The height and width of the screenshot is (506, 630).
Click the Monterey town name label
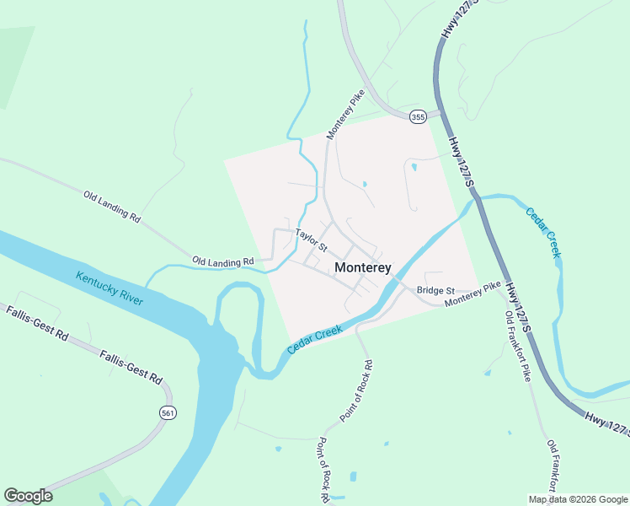pos(363,267)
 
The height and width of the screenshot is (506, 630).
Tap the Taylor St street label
pos(311,241)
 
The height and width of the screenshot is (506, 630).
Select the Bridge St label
pos(435,290)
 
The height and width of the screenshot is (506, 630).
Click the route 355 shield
pos(418,117)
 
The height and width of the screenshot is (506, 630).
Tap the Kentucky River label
pos(110,288)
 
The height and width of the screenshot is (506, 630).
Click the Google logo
pos(28,496)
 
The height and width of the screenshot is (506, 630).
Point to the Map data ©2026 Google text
pos(578,499)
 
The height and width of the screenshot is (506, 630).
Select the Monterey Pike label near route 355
pos(345,116)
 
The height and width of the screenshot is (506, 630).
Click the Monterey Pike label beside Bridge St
pos(472,296)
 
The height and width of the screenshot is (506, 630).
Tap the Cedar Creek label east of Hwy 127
pos(543,232)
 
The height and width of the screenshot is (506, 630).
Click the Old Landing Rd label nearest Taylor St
pos(223,261)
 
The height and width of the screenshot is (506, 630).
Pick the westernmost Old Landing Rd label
pos(112,206)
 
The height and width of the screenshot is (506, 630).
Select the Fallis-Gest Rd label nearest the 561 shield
pos(130,369)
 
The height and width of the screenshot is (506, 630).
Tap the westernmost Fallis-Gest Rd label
pos(36,324)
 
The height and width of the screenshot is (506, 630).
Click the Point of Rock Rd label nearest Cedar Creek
pos(356,391)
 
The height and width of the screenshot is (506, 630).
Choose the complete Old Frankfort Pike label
pos(518,346)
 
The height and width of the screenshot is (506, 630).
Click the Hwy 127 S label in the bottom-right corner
pos(606,422)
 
